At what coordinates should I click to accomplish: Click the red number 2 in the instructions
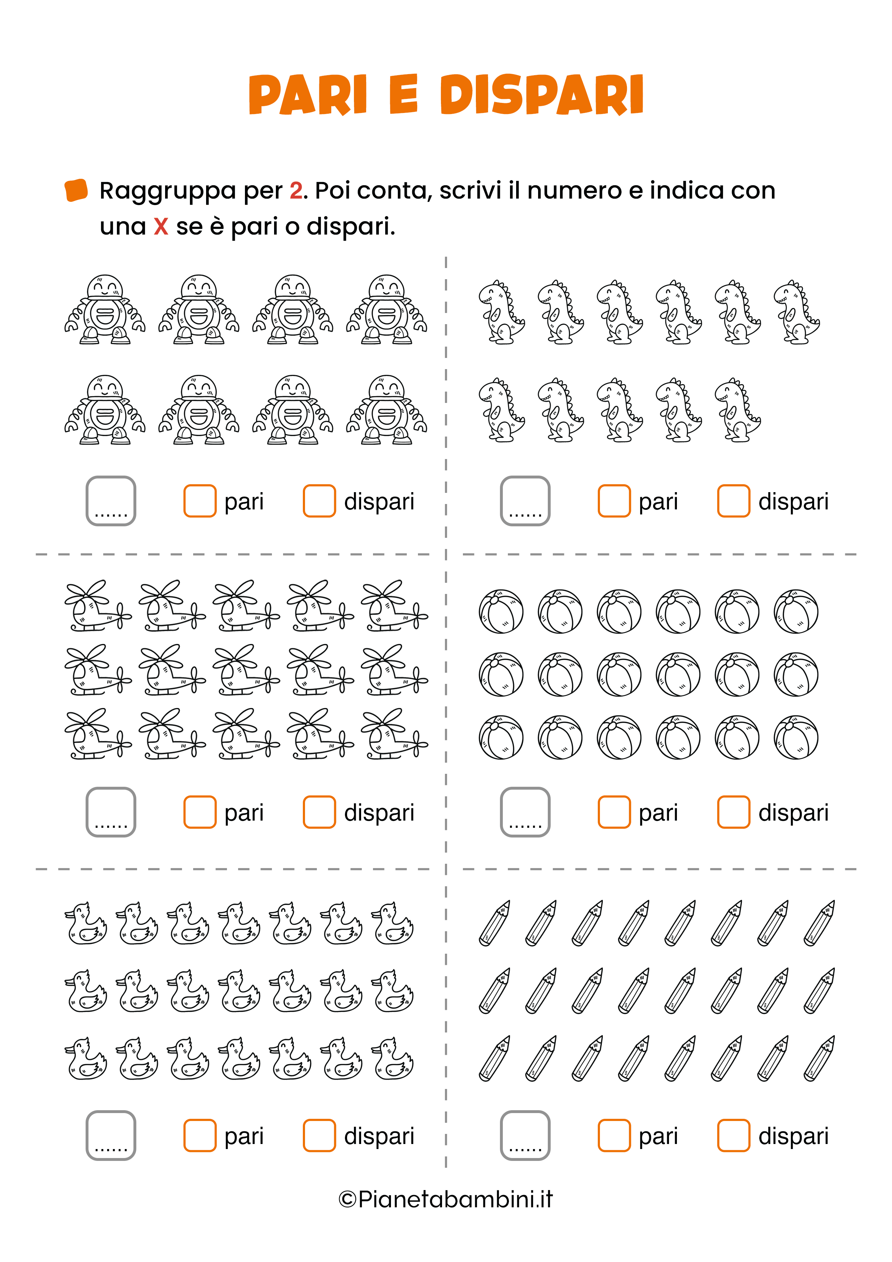[x=296, y=191]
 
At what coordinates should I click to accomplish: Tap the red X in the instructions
[x=161, y=226]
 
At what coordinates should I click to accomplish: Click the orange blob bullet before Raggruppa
[x=76, y=190]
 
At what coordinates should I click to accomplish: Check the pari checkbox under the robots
[x=200, y=501]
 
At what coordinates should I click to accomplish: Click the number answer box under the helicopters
[x=111, y=812]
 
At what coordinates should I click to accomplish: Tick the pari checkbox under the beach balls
[x=614, y=812]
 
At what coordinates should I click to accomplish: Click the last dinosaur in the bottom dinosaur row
[x=738, y=410]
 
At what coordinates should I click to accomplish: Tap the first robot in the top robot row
[x=105, y=309]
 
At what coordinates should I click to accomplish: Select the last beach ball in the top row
[x=796, y=611]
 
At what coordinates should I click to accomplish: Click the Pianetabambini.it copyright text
[x=446, y=1199]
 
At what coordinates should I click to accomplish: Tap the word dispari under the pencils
[x=793, y=1136]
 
